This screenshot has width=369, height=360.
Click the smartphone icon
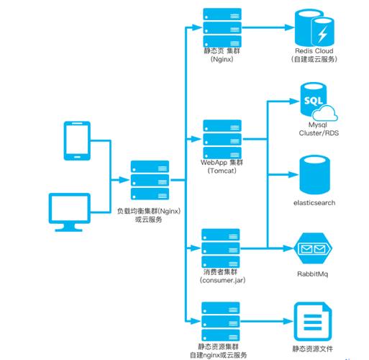point(76,141)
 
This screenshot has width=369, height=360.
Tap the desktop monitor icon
point(70,210)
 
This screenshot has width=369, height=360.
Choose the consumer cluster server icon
point(221,248)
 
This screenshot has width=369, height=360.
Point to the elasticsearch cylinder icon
point(314,174)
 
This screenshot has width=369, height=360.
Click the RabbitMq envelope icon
point(314,249)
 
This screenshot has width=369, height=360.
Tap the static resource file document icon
point(314,320)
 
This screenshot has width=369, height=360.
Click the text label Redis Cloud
point(314,52)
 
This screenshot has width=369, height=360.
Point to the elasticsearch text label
point(314,202)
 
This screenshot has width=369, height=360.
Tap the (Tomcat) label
point(221,171)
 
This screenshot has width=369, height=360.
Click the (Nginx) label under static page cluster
point(221,59)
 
